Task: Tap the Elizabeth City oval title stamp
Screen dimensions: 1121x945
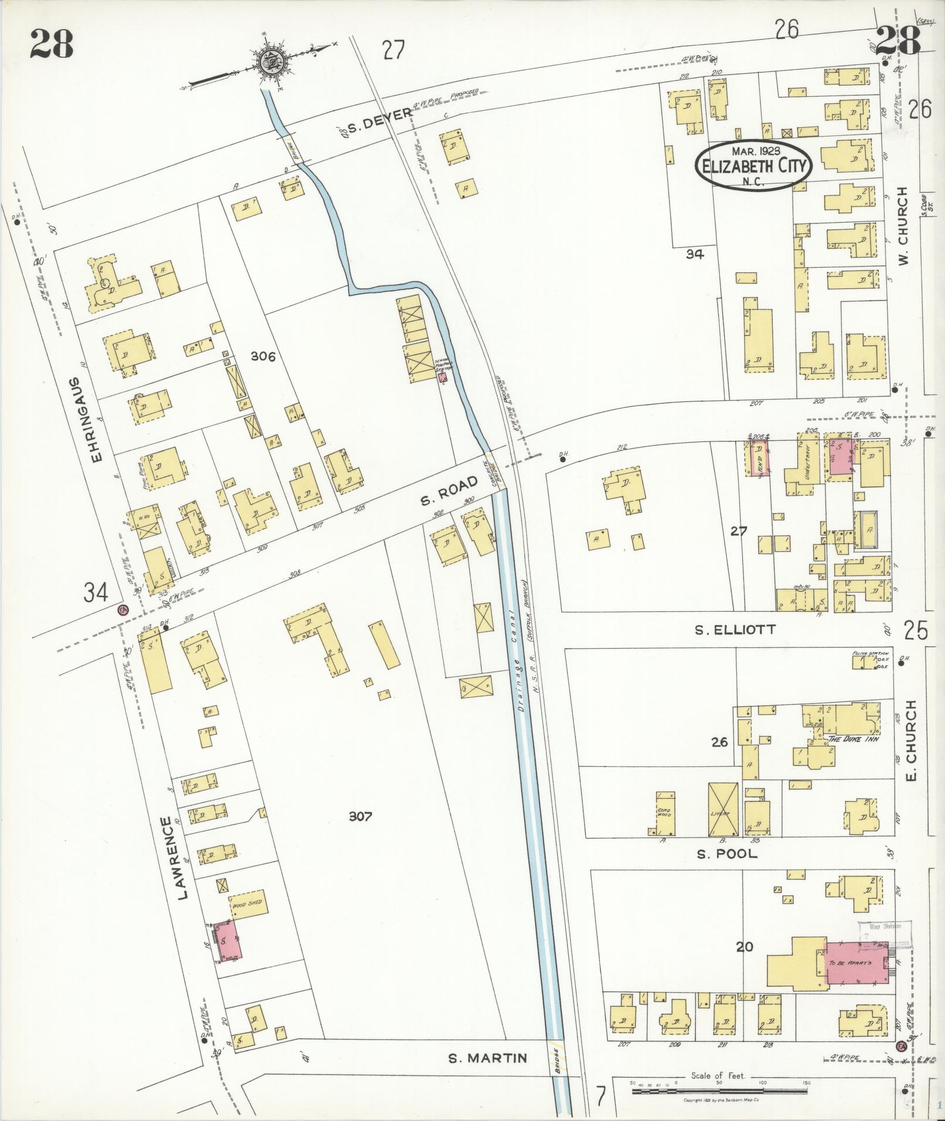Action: tap(754, 165)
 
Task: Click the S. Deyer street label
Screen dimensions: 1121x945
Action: tap(378, 121)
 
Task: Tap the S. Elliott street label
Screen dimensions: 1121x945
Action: tap(735, 630)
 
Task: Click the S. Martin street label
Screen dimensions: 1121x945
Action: tap(487, 1058)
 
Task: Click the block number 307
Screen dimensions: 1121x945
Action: tap(360, 816)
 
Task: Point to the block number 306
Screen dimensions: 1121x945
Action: tap(262, 356)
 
